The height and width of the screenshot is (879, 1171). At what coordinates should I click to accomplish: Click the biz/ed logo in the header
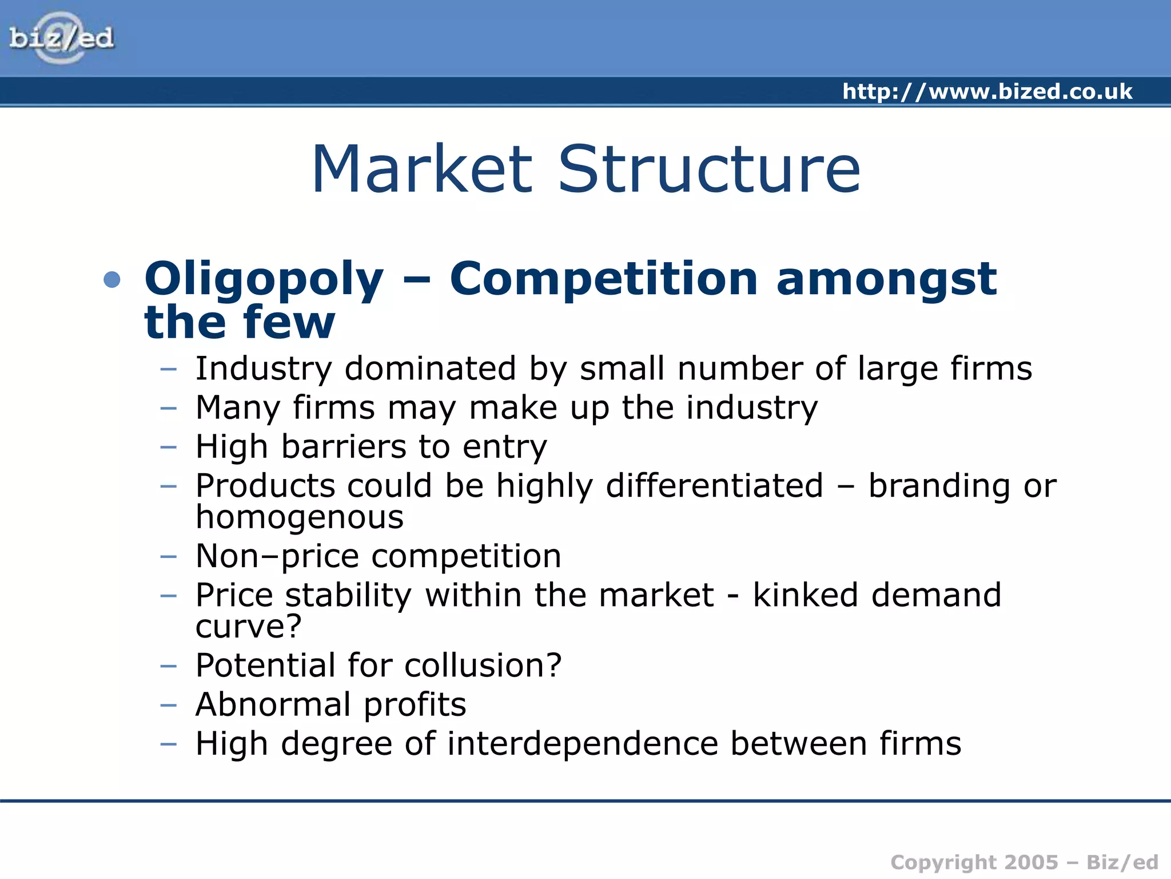pos(61,38)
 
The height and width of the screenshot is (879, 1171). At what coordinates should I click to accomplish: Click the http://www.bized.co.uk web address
pos(987,92)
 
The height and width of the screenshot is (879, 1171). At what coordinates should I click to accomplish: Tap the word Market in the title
pos(423,169)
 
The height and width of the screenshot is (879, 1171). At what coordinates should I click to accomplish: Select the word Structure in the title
pos(708,169)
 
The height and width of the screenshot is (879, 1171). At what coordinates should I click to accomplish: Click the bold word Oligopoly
pos(264,280)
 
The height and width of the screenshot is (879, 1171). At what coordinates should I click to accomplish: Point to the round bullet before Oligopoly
pos(113,280)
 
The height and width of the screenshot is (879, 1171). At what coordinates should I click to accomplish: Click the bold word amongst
pos(886,280)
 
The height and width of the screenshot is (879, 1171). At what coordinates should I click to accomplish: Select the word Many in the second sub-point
pos(237,409)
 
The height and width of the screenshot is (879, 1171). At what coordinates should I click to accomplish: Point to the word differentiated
pos(714,486)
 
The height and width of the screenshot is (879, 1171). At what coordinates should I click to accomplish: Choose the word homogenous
pos(300,518)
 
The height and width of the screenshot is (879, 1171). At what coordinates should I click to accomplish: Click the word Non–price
pos(277,557)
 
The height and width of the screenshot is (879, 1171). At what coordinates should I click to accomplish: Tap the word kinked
pos(805,595)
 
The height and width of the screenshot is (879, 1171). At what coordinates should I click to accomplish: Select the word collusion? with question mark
pos(483,666)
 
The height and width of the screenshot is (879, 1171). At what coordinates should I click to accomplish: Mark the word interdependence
pos(582,744)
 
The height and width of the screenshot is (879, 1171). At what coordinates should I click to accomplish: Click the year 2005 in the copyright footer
pos(1031,862)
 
